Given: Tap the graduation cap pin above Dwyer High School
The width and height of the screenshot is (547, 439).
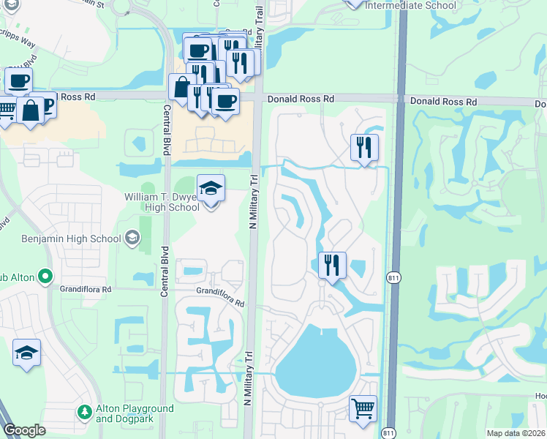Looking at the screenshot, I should click(211, 190).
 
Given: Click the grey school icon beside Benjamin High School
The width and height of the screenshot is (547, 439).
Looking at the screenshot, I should click(132, 237).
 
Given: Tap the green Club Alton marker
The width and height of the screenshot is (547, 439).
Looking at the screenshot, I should click(45, 276).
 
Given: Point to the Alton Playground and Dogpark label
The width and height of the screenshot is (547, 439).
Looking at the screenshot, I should click(135, 413).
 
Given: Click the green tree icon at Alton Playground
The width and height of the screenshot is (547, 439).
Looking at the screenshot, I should click(86, 413).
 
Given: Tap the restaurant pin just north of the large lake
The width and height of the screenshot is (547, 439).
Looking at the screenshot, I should click(332, 264).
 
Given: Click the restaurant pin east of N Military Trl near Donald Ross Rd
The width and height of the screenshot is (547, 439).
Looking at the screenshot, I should click(363, 147).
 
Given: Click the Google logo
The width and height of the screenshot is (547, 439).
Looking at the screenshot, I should click(24, 430).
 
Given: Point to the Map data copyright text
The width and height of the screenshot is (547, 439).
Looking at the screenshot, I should click(516, 433).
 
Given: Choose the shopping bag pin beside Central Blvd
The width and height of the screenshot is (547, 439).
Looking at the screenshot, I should click(181, 86).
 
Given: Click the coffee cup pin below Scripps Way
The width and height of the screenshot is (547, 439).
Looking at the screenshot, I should click(19, 80).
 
